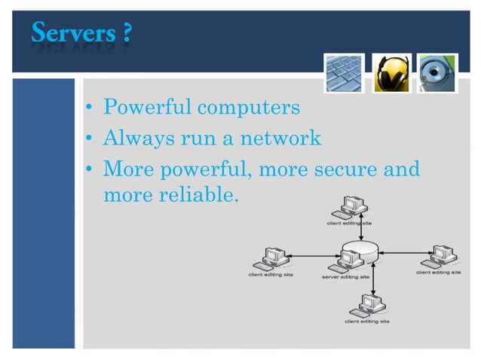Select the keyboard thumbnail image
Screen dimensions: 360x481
[x=345, y=73]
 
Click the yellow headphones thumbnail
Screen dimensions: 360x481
[x=392, y=73]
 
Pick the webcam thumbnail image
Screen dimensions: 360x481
[x=437, y=73]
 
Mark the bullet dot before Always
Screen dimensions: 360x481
[x=89, y=139]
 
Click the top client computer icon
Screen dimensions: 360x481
[x=351, y=206]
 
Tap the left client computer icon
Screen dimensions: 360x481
[x=270, y=258]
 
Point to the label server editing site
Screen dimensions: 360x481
[x=346, y=276]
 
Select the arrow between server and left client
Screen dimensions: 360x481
[x=314, y=256]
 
